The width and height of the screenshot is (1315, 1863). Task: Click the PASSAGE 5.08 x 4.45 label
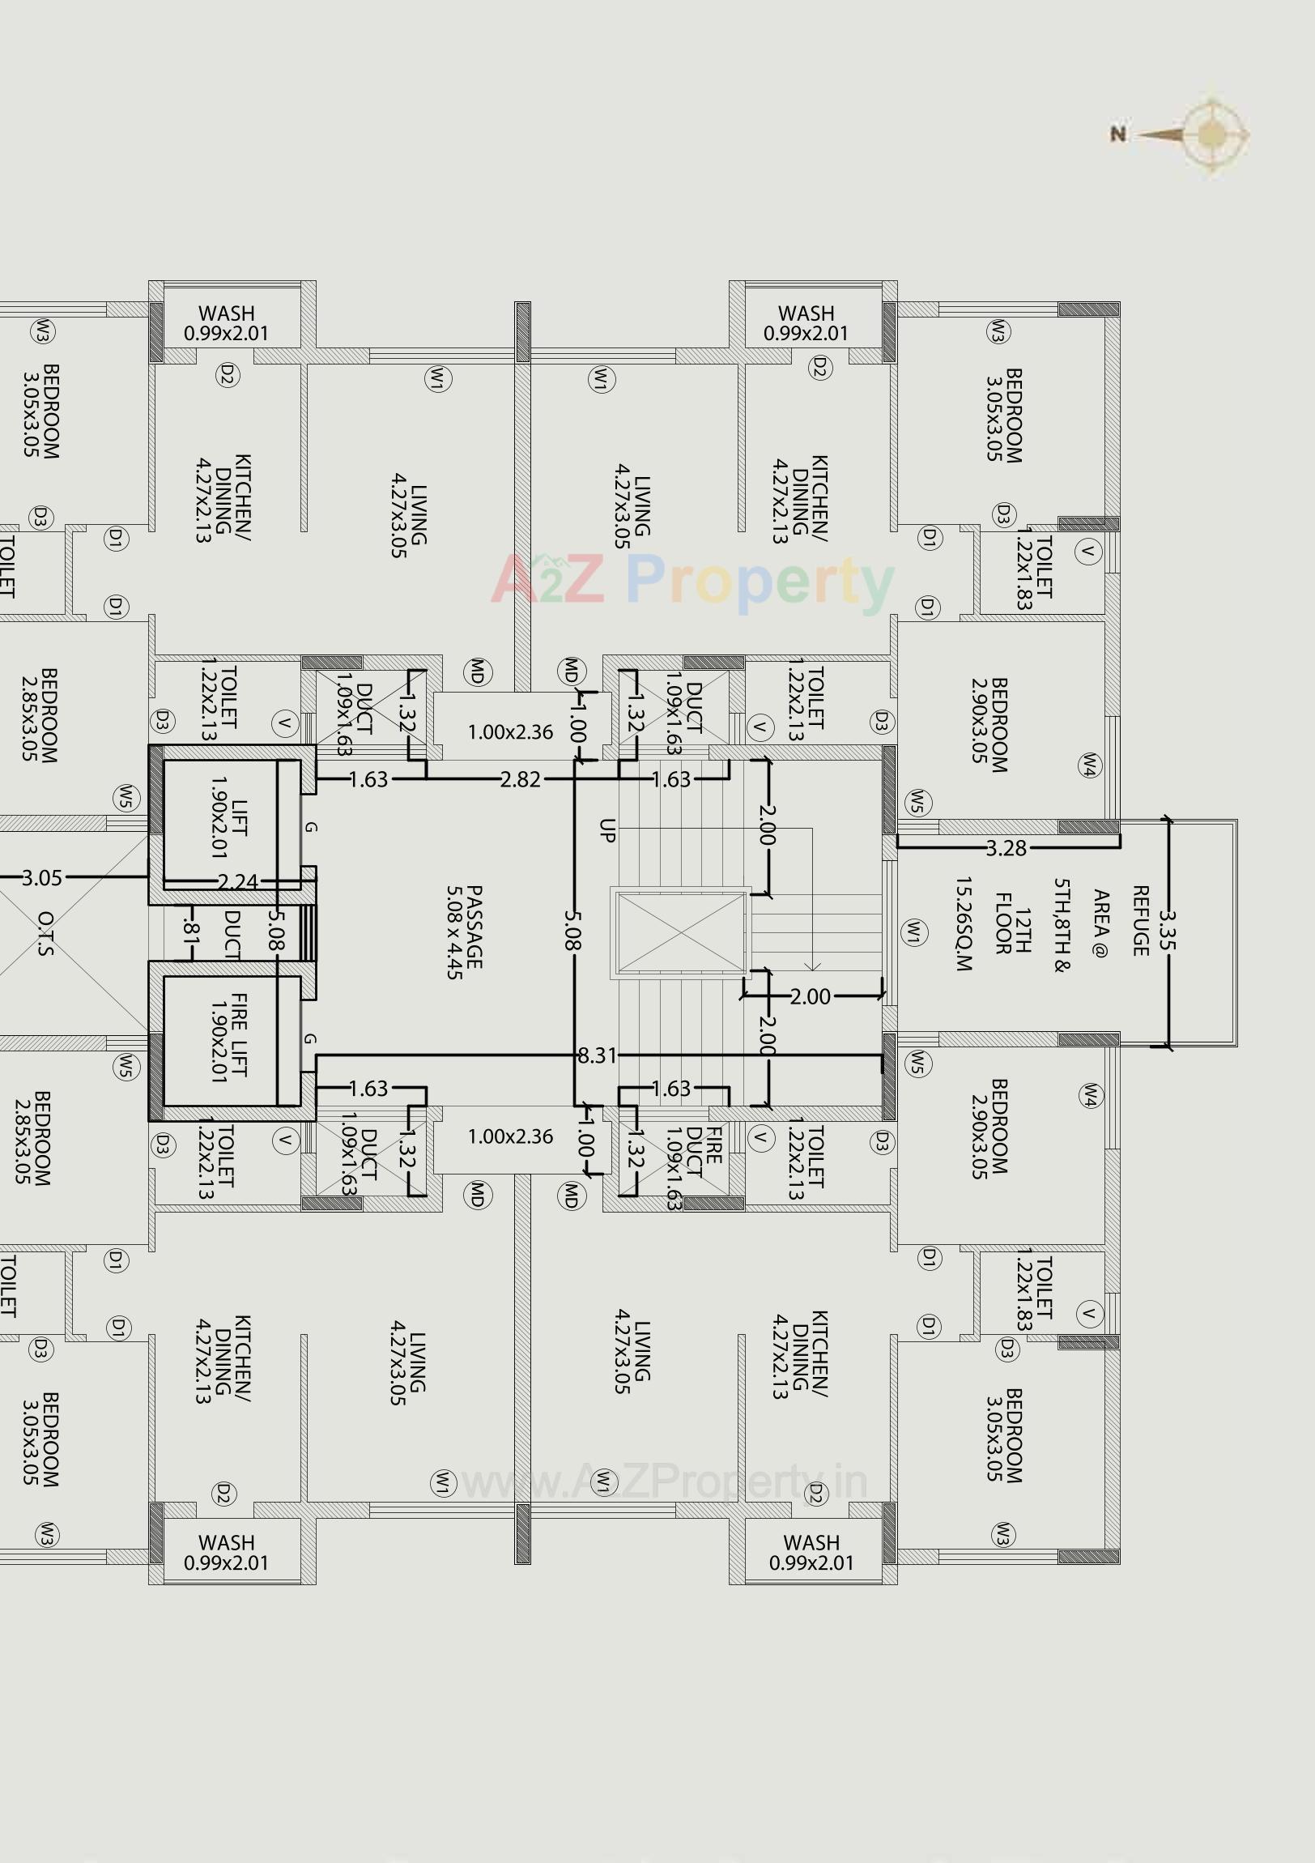click(465, 932)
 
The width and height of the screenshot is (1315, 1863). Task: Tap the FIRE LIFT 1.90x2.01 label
click(229, 1037)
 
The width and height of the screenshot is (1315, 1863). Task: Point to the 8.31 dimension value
click(597, 1055)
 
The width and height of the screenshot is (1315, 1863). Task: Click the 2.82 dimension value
click(520, 780)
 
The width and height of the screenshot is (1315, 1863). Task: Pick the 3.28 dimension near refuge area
click(1006, 849)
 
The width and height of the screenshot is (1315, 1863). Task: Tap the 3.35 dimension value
click(1167, 930)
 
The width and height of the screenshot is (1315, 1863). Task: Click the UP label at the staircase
click(607, 830)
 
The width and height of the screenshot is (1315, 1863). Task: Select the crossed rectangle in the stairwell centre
click(681, 932)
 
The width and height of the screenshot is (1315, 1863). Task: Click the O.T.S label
click(45, 933)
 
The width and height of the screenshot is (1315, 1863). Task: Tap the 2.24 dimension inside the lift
click(238, 882)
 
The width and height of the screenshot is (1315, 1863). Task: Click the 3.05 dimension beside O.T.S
click(41, 878)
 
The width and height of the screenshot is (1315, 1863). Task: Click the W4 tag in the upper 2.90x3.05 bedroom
click(1089, 765)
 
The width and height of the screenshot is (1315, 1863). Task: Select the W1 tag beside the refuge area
click(914, 932)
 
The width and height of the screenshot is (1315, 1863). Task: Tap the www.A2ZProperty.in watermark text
click(664, 1482)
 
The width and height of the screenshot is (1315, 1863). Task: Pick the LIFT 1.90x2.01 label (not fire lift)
click(229, 828)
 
